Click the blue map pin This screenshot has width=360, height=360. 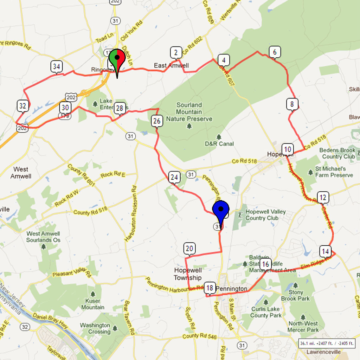221,211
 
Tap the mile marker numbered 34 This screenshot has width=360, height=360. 57,66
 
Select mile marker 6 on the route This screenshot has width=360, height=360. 275,52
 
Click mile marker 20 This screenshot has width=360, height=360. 189,249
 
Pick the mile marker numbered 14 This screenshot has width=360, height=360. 325,251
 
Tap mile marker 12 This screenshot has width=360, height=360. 323,197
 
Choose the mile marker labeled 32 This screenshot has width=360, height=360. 23,105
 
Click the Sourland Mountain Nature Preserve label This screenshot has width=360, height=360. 189,112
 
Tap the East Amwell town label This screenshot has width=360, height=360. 171,65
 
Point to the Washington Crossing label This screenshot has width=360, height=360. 95,328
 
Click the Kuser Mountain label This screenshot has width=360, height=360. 93,304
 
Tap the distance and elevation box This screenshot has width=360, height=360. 327,343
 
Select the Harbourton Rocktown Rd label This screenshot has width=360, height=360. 129,213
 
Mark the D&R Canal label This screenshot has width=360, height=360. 219,143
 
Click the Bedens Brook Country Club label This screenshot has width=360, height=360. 337,153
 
